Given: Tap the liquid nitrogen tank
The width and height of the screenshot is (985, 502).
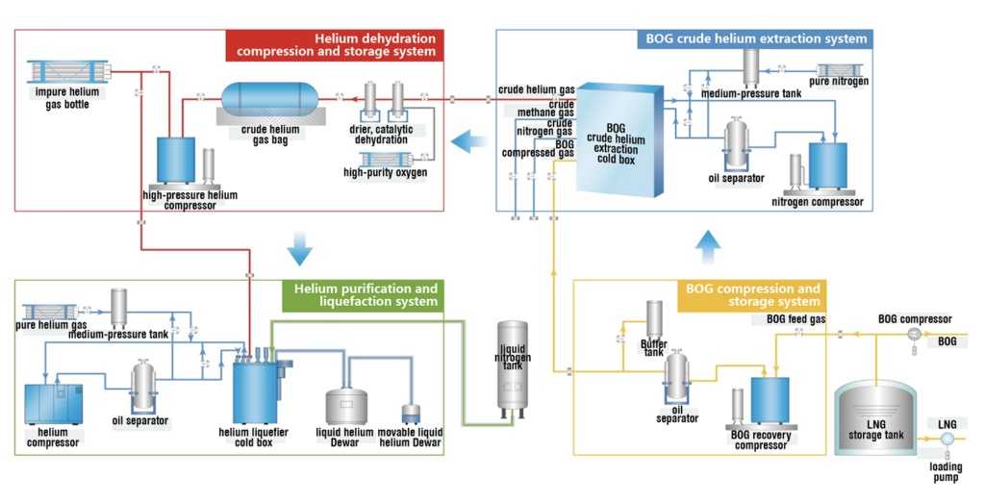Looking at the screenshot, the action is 512,368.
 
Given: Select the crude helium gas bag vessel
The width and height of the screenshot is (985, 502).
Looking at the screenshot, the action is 269,98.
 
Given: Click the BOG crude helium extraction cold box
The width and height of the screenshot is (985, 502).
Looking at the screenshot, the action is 619,140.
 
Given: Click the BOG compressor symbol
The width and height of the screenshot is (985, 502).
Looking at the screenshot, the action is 914,335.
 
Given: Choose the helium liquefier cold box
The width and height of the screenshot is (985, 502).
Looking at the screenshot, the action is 256,389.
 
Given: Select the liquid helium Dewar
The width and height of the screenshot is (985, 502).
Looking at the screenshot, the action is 346,406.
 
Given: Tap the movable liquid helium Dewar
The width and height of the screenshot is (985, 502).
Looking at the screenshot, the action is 411,414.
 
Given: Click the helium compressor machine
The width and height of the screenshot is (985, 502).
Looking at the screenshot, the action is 54,405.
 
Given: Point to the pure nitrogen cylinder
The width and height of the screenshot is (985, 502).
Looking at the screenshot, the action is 839,70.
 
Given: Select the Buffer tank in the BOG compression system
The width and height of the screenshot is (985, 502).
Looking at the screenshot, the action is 654,320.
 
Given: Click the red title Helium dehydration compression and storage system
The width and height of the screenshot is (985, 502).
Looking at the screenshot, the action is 335,45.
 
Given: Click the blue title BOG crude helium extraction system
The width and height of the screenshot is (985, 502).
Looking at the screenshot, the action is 756,39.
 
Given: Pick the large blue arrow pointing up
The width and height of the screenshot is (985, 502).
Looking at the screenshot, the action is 709,247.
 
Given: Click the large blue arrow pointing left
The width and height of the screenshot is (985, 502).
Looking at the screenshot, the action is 468,140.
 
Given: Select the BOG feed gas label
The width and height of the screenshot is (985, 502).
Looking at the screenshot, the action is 796,319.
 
